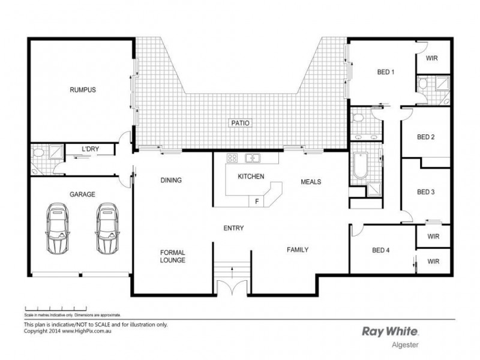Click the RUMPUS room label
click(82, 90)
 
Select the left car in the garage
click(58, 228)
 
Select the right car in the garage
click(106, 228)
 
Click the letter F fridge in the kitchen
click(257, 201)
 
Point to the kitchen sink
click(253, 158)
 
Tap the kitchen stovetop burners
click(232, 158)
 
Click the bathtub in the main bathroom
click(359, 166)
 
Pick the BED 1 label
click(385, 72)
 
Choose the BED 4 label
click(381, 250)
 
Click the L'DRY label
click(91, 149)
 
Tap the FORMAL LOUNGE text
click(172, 256)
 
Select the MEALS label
click(311, 182)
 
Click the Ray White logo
click(391, 331)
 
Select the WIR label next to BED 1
click(431, 59)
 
